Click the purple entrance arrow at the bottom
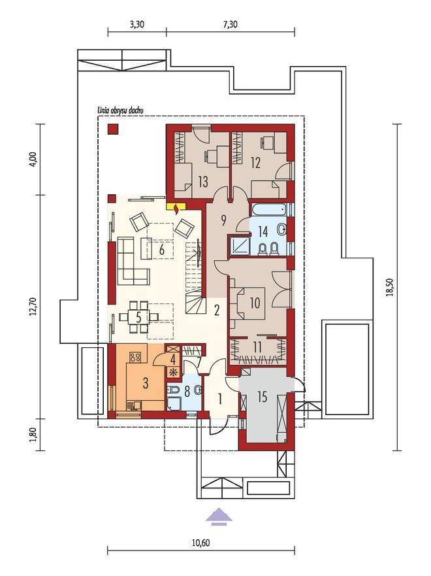(x=218, y=515)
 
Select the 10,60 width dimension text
(x=200, y=543)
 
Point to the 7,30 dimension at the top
(x=230, y=25)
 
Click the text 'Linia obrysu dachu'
(x=120, y=110)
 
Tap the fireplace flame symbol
(x=177, y=209)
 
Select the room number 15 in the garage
(x=262, y=397)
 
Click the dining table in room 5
(x=138, y=316)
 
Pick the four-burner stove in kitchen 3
(x=135, y=357)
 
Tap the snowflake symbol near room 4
(x=173, y=372)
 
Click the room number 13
(x=203, y=182)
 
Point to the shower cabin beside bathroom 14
(x=239, y=246)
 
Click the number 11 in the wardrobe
(x=257, y=347)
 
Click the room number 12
(x=256, y=163)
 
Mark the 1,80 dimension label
(x=33, y=435)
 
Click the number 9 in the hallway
(x=223, y=220)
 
